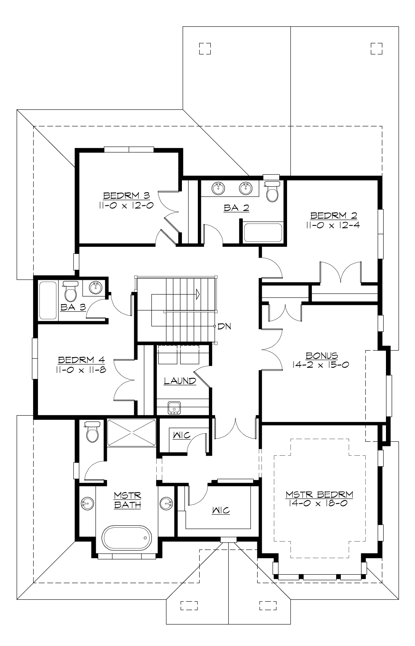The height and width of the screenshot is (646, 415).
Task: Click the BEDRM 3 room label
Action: [127, 196]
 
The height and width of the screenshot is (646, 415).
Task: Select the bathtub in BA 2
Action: [263, 233]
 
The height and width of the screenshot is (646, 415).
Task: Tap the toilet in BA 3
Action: [71, 293]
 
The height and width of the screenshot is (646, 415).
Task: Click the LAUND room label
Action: [180, 381]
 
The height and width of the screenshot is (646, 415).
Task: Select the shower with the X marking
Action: [131, 433]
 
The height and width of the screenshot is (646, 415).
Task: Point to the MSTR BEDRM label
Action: [319, 494]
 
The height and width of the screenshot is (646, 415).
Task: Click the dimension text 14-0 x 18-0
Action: [317, 503]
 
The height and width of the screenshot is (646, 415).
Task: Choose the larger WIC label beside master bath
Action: [221, 510]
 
